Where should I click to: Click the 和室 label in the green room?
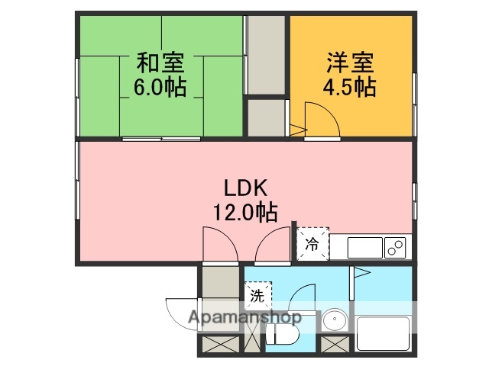pyautogui.click(x=160, y=61)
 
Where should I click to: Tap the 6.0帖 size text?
pyautogui.click(x=160, y=86)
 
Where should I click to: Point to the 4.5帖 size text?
pyautogui.click(x=351, y=86)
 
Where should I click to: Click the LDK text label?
pyautogui.click(x=244, y=187)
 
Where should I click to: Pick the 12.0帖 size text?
pyautogui.click(x=244, y=211)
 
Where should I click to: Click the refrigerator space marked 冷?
pyautogui.click(x=313, y=245)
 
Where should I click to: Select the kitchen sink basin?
pyautogui.click(x=365, y=248)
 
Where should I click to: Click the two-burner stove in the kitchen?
pyautogui.click(x=396, y=247)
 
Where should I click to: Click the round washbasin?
pyautogui.click(x=334, y=319)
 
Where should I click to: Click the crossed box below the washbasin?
pyautogui.click(x=333, y=345)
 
